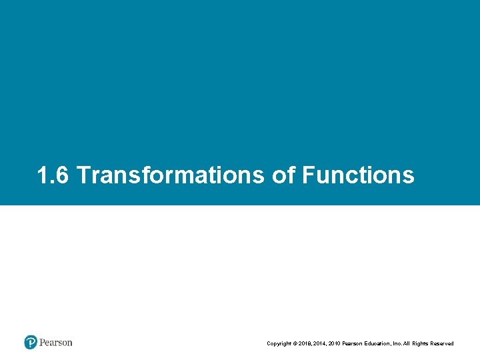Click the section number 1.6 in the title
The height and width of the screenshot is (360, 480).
pyautogui.click(x=53, y=175)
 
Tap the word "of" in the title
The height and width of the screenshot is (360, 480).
pyautogui.click(x=283, y=175)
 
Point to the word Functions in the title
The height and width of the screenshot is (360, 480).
pyautogui.click(x=358, y=175)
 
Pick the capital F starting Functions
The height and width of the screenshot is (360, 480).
pyautogui.click(x=308, y=175)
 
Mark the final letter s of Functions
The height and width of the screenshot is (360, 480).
pyautogui.click(x=408, y=177)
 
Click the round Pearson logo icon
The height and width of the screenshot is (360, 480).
pyautogui.click(x=31, y=343)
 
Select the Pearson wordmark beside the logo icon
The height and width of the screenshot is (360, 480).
pyautogui.click(x=56, y=343)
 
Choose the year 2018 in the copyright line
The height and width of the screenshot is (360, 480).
pyautogui.click(x=307, y=343)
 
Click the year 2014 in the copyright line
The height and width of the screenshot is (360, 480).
pyautogui.click(x=323, y=343)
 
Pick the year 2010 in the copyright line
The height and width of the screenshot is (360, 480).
pyautogui.click(x=339, y=343)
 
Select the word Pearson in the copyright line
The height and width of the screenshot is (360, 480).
pyautogui.click(x=359, y=343)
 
